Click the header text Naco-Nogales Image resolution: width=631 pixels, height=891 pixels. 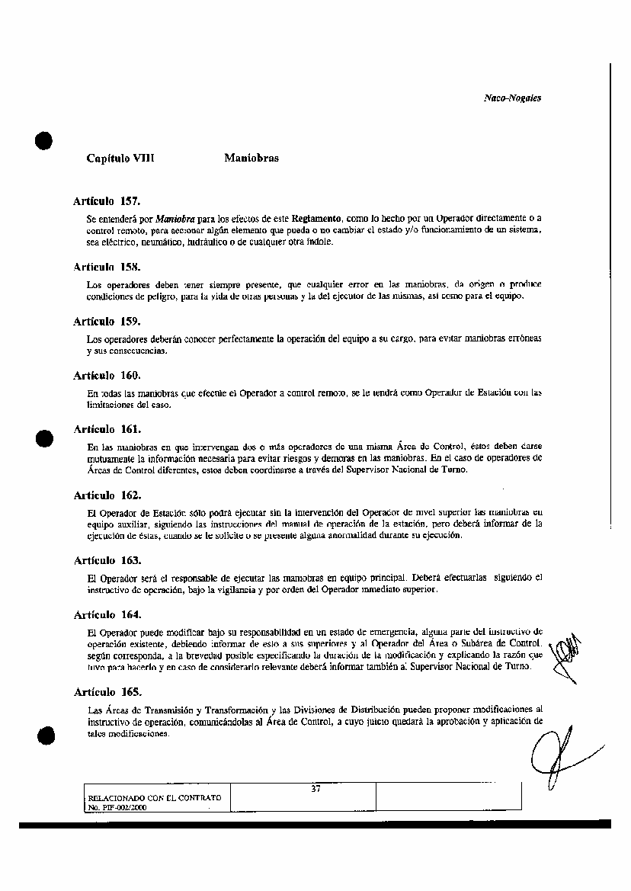(512, 98)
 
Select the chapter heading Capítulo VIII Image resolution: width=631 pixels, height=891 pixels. (120, 159)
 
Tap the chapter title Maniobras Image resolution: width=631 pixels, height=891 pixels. (251, 159)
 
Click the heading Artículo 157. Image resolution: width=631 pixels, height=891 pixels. (107, 201)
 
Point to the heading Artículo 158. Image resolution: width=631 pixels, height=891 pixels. (107, 268)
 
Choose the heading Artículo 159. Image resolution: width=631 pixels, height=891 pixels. (107, 322)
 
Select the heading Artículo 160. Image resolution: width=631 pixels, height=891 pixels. (107, 376)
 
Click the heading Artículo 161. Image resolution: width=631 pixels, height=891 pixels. (107, 429)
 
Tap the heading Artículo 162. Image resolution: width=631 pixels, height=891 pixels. (107, 495)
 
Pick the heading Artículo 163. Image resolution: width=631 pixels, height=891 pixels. (107, 560)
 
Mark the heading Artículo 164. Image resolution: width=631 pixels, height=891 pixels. (107, 614)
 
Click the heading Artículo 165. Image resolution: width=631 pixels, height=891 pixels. (107, 692)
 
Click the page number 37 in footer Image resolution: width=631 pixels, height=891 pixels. (315, 789)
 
